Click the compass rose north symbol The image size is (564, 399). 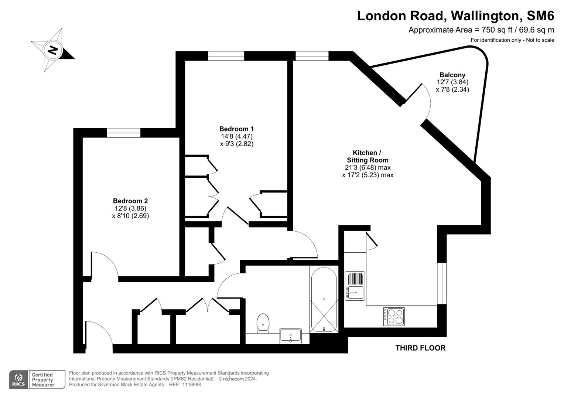[x=53, y=50]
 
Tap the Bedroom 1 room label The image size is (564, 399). [x=236, y=129]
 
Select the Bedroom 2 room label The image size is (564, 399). [x=130, y=201]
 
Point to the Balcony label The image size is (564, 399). [x=452, y=75]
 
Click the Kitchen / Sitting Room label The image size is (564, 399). [x=368, y=156]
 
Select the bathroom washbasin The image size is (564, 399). [x=291, y=336]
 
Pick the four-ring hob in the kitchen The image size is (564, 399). [x=394, y=317]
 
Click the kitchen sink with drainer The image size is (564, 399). [x=355, y=287]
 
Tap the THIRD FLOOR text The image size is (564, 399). [x=420, y=348]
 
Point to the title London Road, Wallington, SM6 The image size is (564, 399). [x=455, y=16]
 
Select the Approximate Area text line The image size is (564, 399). [x=481, y=30]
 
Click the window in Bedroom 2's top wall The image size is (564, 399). [x=124, y=133]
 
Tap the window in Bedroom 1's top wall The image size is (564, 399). [x=226, y=56]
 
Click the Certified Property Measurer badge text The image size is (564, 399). [x=43, y=380]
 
